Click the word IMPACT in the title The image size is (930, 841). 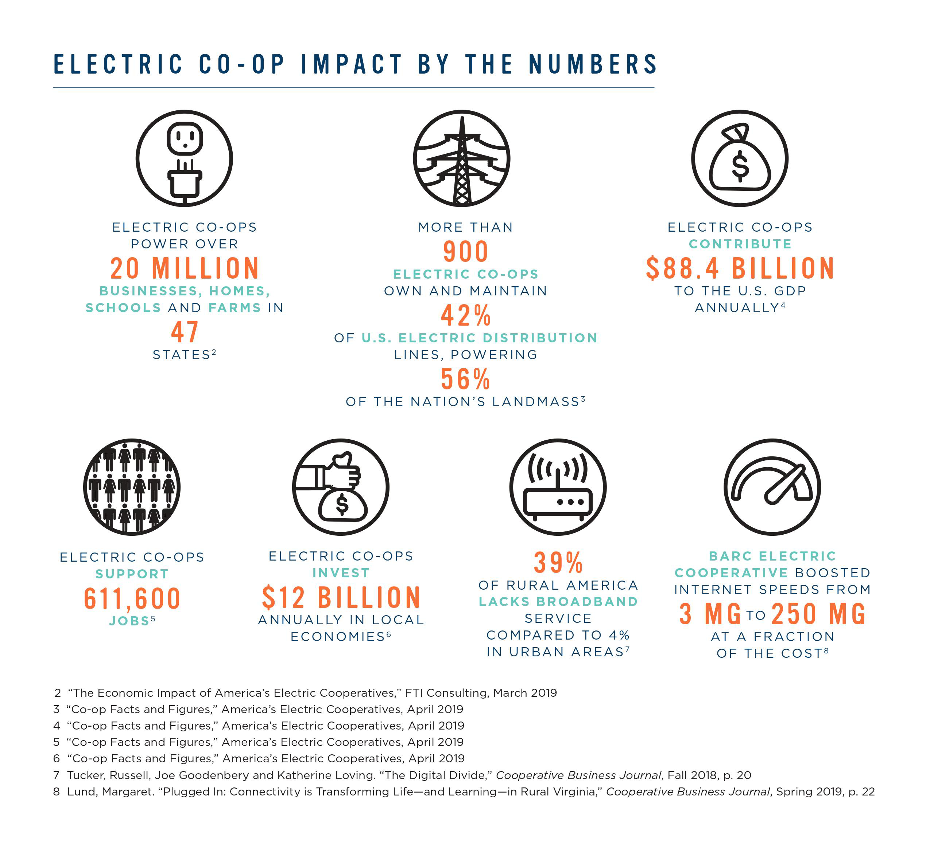[x=352, y=64]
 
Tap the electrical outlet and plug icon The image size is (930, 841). [x=185, y=158]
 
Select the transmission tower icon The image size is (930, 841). [x=462, y=158]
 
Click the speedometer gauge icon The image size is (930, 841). [x=772, y=487]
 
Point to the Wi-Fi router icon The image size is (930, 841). [x=558, y=487]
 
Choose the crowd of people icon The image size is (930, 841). [x=132, y=487]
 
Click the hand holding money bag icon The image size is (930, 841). [x=340, y=487]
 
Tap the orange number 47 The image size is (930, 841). [x=185, y=332]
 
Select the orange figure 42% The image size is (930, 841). [x=465, y=316]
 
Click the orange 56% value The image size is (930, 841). [x=465, y=379]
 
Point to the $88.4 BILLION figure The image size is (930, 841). [x=740, y=268]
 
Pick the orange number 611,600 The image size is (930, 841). [x=132, y=599]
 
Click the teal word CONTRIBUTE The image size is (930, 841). [x=740, y=244]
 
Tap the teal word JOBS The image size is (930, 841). [x=129, y=621]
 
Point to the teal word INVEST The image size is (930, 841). [x=341, y=573]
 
